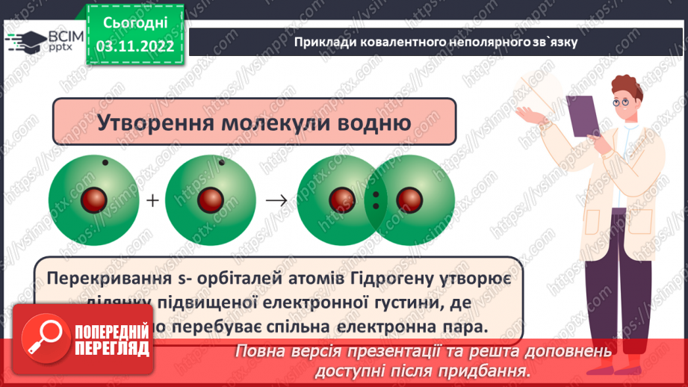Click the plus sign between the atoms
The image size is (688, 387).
pos(153,201)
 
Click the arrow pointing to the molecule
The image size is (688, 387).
pos(276,201)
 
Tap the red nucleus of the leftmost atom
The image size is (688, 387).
pos(95,201)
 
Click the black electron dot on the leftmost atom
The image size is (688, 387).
pos(105,163)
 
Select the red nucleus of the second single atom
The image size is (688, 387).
pos(210,201)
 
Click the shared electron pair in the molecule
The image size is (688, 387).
pos(376,200)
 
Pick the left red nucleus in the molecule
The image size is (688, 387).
pos(343,200)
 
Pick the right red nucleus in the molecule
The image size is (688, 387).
pos(409,200)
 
